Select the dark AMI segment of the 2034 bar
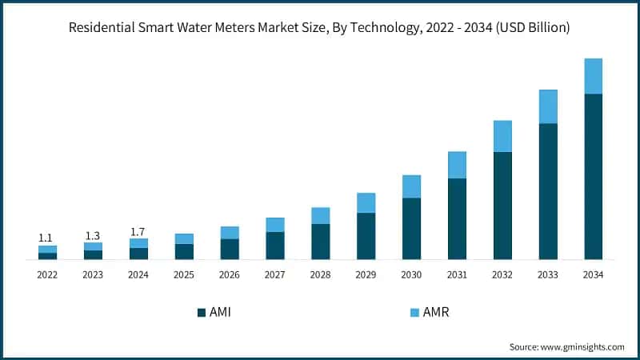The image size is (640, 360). (x=593, y=176)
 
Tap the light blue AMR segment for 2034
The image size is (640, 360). (x=593, y=76)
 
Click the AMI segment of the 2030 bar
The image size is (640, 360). (x=411, y=228)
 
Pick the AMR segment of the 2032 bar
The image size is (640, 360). (x=502, y=136)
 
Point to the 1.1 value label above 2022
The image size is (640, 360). (x=47, y=238)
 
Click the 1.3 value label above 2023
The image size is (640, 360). (x=93, y=235)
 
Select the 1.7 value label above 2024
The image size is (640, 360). (x=138, y=231)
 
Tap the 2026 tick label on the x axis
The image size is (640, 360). (x=230, y=274)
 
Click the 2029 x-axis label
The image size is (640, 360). (x=366, y=274)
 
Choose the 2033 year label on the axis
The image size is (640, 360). (x=547, y=274)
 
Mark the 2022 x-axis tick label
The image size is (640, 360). (x=47, y=274)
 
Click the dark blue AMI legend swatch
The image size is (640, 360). (x=201, y=312)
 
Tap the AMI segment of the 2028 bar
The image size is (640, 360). (x=320, y=241)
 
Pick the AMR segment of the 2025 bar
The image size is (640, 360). (x=184, y=238)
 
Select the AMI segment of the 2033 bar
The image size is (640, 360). (x=547, y=191)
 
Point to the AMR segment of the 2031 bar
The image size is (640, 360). (x=457, y=165)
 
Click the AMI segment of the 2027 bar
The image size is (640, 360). (x=275, y=245)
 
